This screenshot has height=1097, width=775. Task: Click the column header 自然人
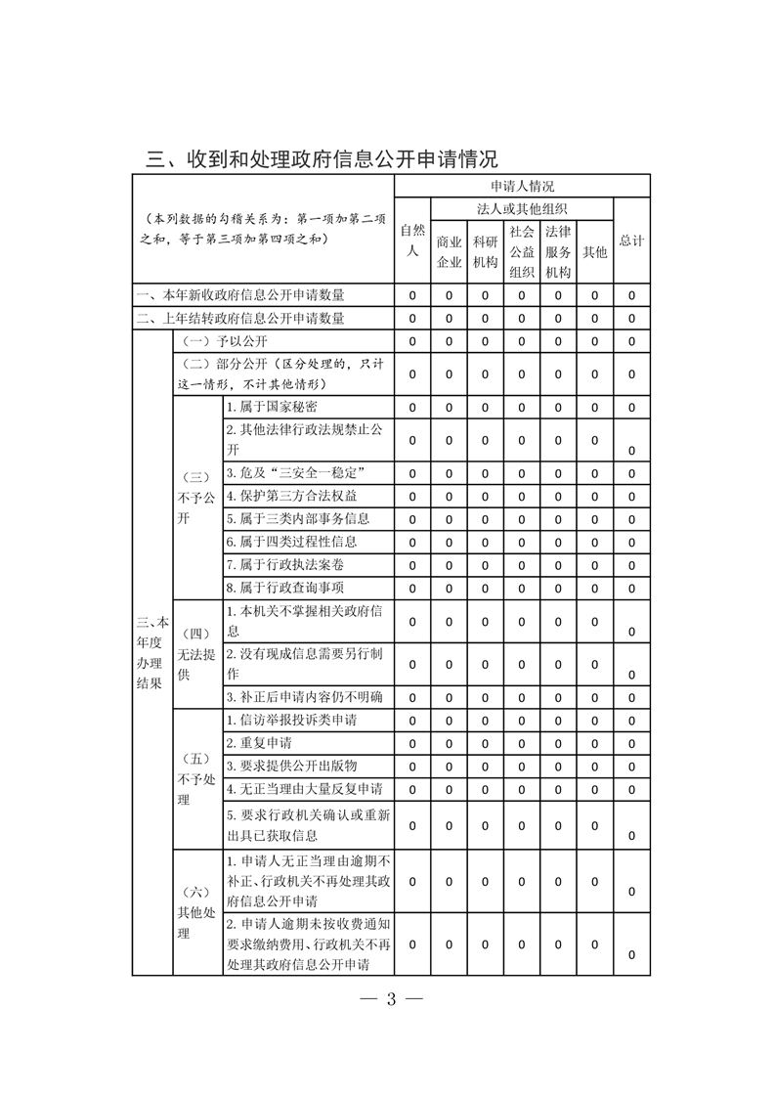click(412, 241)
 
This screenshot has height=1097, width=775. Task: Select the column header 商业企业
click(449, 252)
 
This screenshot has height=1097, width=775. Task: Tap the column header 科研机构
click(485, 252)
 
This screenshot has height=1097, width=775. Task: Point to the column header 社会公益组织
click(521, 252)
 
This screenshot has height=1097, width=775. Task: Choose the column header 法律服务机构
click(557, 252)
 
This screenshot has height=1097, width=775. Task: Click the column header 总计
click(631, 241)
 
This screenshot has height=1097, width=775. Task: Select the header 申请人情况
click(523, 186)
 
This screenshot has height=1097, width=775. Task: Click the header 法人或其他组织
click(523, 209)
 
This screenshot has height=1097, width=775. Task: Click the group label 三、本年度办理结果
click(152, 653)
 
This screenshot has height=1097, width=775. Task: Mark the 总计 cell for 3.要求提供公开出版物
click(631, 766)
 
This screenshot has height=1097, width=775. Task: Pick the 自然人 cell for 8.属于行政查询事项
click(412, 589)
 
